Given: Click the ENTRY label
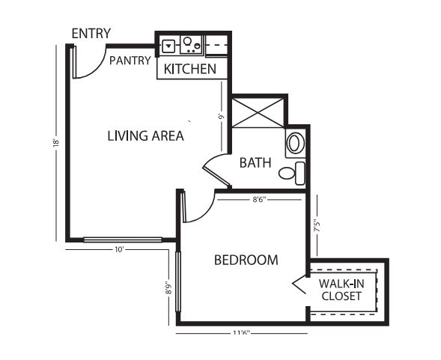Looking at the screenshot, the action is point(91,34).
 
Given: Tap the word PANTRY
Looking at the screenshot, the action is point(130,61).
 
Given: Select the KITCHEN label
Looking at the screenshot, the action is point(190,69).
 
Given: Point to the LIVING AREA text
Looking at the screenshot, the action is point(146,136).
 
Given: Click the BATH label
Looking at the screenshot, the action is point(255,163).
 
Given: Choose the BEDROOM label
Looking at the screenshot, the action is point(246,260).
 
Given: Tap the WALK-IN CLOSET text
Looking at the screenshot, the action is point(341,290).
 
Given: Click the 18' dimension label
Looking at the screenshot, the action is point(56,143).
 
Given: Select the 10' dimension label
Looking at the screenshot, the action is point(120,250).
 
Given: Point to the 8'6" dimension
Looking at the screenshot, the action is point(259,200).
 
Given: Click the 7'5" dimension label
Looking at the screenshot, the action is point(317,225).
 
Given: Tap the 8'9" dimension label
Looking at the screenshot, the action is point(168,287).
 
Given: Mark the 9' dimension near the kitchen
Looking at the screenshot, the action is point(222,116).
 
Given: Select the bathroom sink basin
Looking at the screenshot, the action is point(295,143).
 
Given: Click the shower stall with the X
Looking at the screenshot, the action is point(258,112).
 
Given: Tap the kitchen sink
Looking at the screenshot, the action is point(168,46).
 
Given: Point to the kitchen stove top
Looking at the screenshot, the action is point(191,45).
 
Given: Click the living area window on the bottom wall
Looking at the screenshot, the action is point(123,240).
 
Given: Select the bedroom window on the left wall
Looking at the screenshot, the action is point(178,282).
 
